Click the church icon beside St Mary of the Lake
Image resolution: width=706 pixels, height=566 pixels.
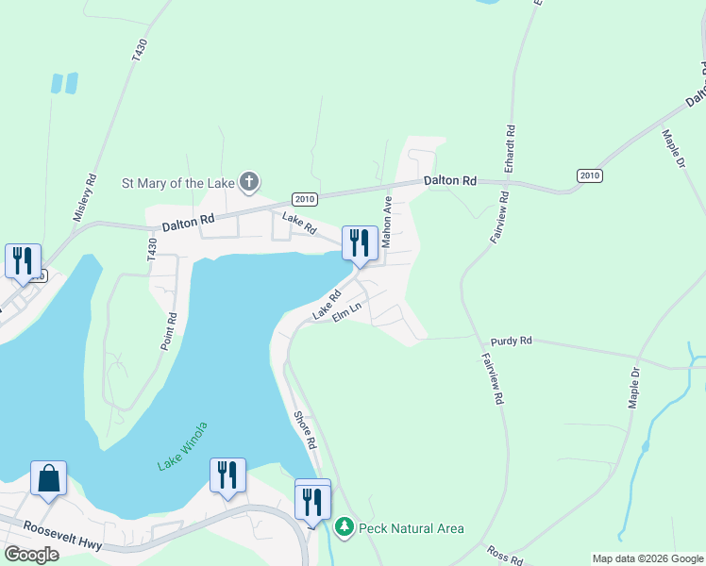click(249, 181)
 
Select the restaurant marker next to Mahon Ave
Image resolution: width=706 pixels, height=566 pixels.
click(360, 243)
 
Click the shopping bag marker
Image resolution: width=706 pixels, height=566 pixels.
click(48, 478)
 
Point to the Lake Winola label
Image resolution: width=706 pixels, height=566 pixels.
click(183, 458)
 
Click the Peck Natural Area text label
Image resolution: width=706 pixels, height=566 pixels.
click(412, 528)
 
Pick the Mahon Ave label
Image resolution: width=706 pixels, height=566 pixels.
click(387, 224)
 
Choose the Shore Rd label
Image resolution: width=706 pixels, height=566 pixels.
click(303, 429)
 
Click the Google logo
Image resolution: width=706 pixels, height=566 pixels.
click(31, 554)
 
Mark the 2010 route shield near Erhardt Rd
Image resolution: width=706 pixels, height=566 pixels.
click(589, 176)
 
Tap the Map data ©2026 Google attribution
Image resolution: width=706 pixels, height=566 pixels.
click(647, 558)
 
